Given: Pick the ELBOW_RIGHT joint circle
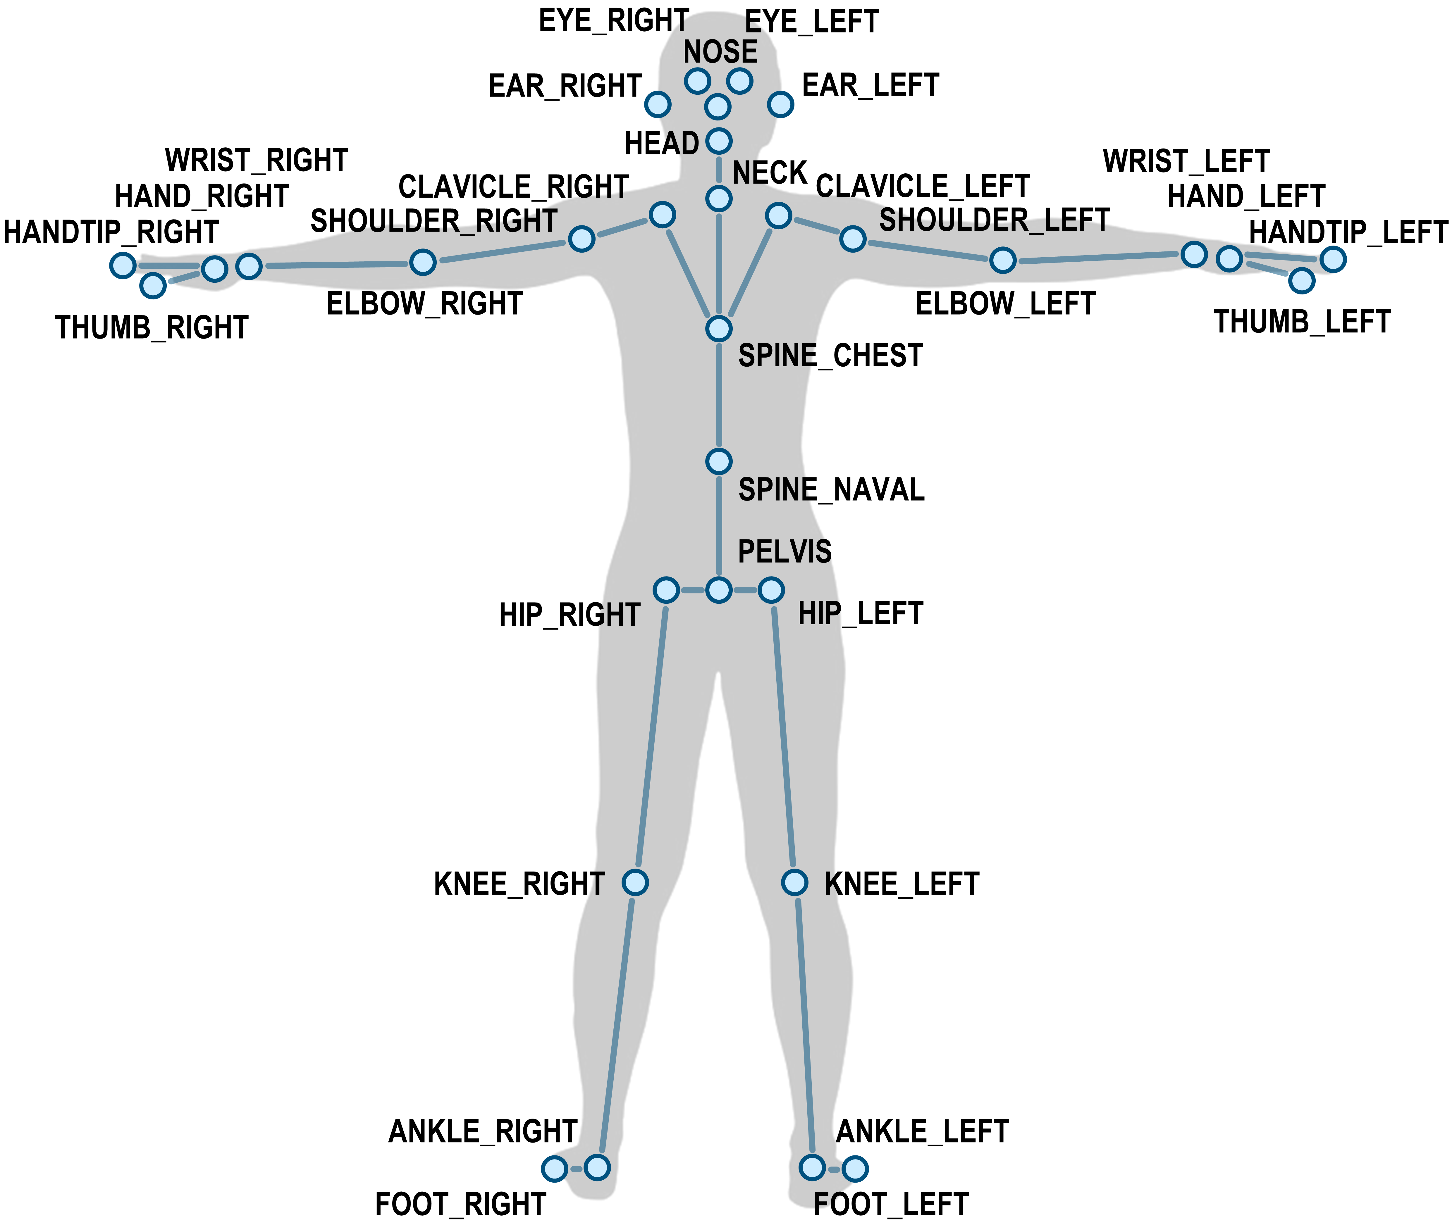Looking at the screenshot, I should pyautogui.click(x=422, y=263).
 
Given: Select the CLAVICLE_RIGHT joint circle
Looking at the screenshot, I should pyautogui.click(x=662, y=215).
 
